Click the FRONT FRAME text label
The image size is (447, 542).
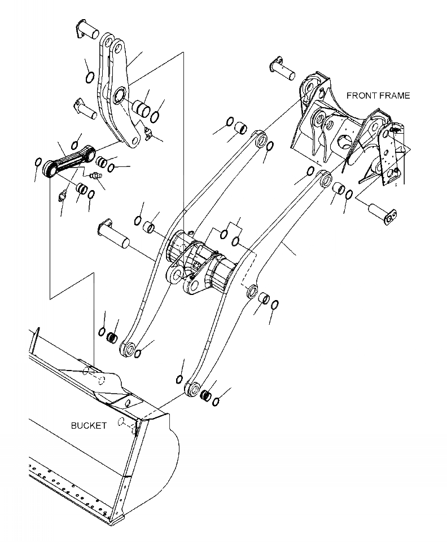(x=378, y=95)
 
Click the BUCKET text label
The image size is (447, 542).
(x=89, y=425)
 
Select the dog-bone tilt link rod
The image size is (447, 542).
(x=69, y=162)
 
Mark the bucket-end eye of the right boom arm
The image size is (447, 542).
(x=193, y=387)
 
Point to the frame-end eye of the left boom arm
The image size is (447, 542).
(x=261, y=139)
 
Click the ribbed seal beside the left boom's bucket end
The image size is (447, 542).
(x=112, y=338)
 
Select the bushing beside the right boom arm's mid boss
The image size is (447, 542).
(x=263, y=298)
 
